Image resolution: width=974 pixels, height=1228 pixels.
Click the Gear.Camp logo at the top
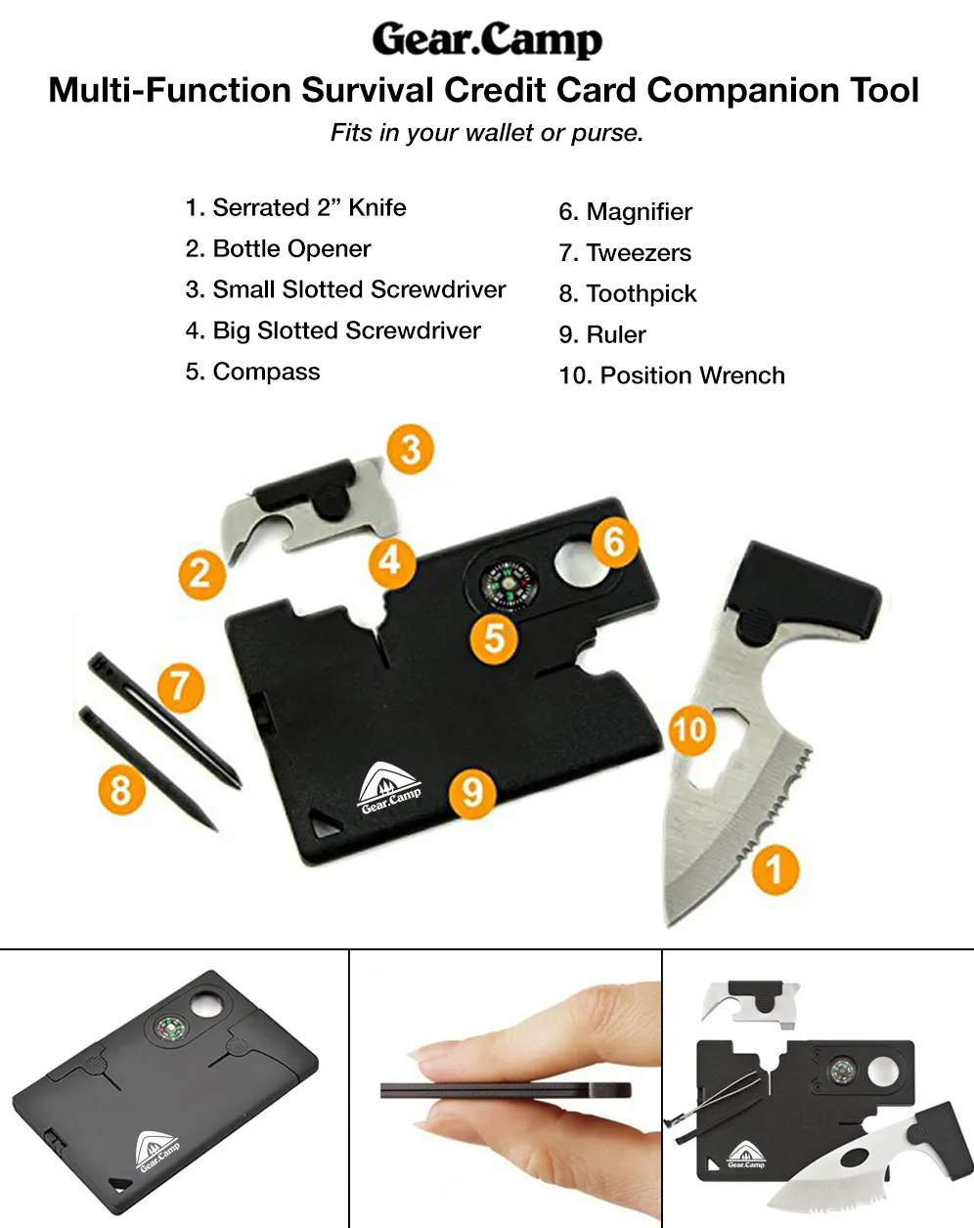[x=487, y=39]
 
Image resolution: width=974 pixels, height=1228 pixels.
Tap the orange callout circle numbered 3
[x=411, y=449]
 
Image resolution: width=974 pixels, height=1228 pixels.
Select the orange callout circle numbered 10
[x=691, y=729]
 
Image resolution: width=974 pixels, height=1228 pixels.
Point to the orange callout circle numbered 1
[x=775, y=869]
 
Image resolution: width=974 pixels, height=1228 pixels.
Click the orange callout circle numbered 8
[x=121, y=790]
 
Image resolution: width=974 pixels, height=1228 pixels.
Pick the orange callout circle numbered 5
[x=494, y=638]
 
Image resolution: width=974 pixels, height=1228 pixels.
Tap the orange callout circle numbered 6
[x=614, y=542]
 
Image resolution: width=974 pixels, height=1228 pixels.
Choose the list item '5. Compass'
[x=252, y=372]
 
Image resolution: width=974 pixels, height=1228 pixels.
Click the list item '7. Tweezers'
[x=625, y=253]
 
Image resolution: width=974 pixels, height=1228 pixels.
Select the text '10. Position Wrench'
[x=672, y=375]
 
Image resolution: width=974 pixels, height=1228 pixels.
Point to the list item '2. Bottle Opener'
[x=278, y=248]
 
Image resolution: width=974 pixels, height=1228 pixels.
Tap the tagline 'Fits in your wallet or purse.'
[x=487, y=133]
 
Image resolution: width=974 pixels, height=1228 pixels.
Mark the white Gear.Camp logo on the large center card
[x=390, y=787]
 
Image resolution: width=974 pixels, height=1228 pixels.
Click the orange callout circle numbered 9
[x=472, y=793]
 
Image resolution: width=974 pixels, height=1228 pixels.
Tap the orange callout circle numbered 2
[x=202, y=574]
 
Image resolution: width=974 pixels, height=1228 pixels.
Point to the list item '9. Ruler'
[x=602, y=334]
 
